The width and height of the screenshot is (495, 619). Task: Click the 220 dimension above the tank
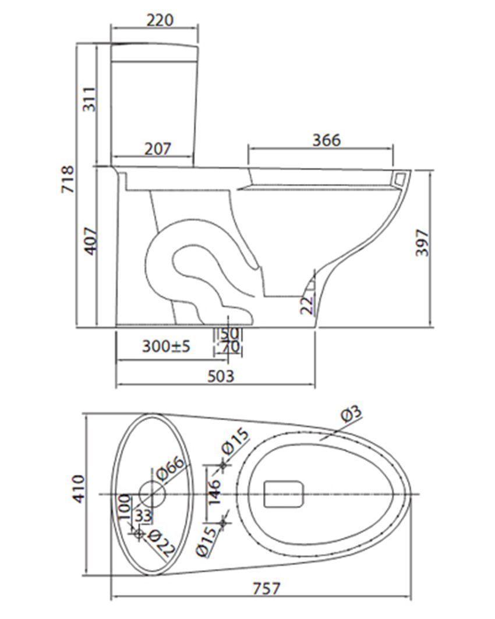tap(160, 20)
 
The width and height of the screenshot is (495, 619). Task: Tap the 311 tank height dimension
tap(89, 99)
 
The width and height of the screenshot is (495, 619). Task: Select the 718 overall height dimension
tap(68, 179)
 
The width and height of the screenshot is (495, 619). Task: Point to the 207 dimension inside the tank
tap(157, 149)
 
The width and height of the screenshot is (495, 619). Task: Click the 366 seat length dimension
tap(327, 140)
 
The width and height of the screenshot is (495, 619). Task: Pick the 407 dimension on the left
tap(91, 241)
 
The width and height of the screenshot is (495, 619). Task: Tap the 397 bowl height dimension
tap(422, 242)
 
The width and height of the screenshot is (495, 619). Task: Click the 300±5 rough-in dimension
tap(166, 346)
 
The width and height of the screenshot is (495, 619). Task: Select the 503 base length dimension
tap(221, 376)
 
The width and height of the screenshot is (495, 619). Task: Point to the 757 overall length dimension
tap(267, 589)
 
